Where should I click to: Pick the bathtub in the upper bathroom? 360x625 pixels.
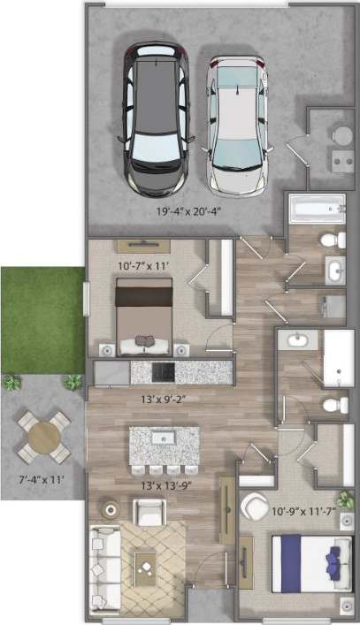[316, 210]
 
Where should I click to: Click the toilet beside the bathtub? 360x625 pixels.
[333, 240]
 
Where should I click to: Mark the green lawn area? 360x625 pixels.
[42, 319]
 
